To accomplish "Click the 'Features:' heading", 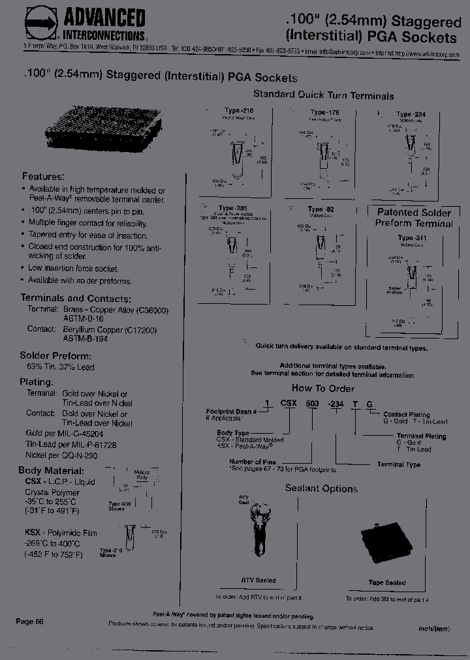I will point(43,176).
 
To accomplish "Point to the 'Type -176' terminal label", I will point(324,112).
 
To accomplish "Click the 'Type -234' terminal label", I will point(412,114).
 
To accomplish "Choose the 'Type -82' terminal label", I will point(321,209).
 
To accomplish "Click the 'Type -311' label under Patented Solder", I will point(412,238).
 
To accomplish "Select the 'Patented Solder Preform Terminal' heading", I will point(413,218).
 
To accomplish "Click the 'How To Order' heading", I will point(322,388).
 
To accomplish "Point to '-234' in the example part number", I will point(336,404).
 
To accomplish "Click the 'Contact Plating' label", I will point(406,415).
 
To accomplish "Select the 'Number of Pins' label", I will point(251,462).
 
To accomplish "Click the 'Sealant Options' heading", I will point(321,488).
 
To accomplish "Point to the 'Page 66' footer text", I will point(29,622).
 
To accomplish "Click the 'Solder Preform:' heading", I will point(55,356).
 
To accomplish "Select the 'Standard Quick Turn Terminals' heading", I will point(323,95).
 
